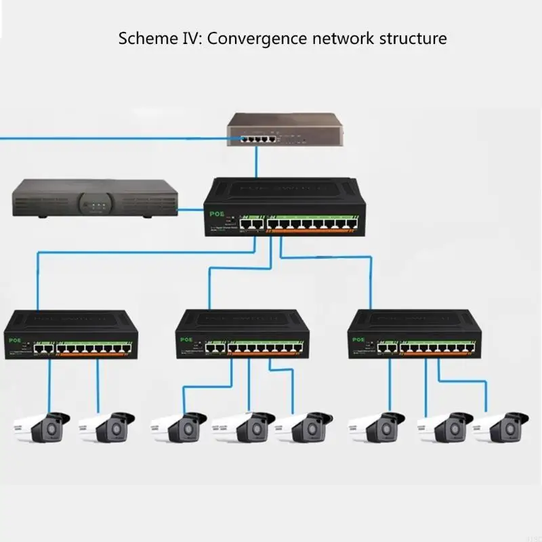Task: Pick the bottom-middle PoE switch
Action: (x=242, y=335)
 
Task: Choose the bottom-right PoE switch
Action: (x=414, y=335)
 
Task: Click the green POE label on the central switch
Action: (x=217, y=212)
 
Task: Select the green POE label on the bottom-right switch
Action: (x=356, y=341)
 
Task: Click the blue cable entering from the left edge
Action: (x=102, y=138)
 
